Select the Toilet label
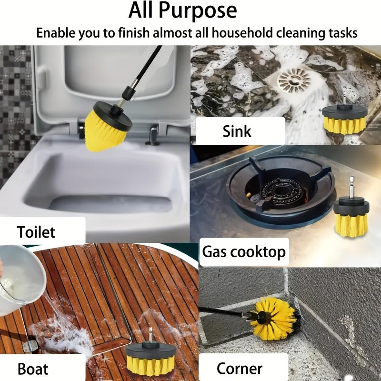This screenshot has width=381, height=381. (x=36, y=232)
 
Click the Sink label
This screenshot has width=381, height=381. (x=237, y=130)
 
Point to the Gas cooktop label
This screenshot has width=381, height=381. (x=244, y=251)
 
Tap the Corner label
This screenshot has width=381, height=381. (x=239, y=368)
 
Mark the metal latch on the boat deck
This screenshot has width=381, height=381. (x=30, y=345)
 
